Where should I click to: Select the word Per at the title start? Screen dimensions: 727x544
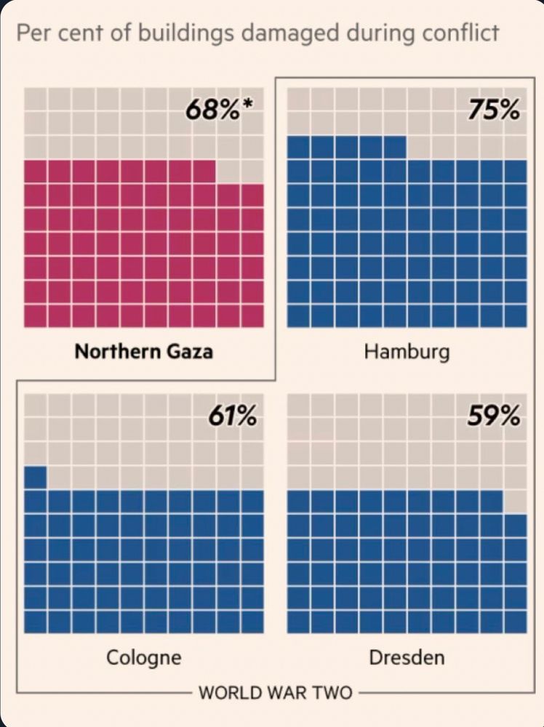point(31,33)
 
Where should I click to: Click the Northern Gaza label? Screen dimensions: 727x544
point(144,353)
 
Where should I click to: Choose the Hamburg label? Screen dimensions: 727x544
point(407,353)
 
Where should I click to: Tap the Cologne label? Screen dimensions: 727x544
point(144,659)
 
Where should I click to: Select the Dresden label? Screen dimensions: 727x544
point(407,659)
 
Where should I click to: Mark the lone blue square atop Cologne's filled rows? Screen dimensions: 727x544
point(35,478)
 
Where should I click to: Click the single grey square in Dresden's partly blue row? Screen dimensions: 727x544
point(514,502)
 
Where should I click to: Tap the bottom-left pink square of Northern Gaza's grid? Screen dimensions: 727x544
point(35,316)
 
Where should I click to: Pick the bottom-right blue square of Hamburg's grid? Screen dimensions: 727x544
point(514,316)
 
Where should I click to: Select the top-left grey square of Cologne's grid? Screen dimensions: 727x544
point(35,405)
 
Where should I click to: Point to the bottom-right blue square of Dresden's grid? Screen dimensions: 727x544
point(514,622)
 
